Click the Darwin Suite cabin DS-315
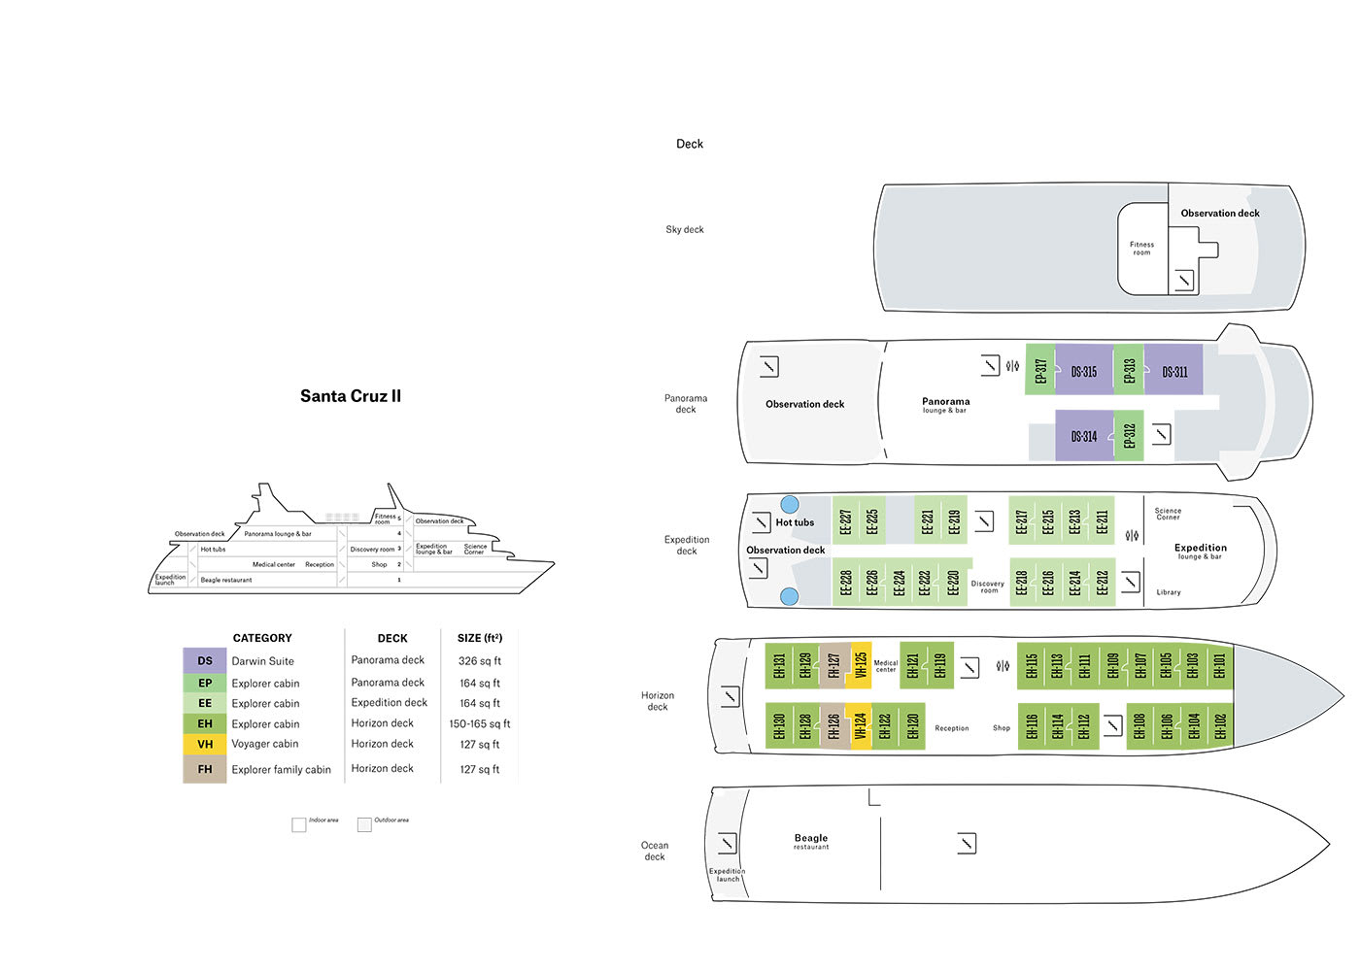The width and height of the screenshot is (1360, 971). pos(1083,371)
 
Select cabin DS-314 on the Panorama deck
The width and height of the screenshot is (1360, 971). pos(1083,436)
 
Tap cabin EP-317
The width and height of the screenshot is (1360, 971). pos(1040,370)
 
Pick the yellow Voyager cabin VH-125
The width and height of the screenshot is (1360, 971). pos(860,665)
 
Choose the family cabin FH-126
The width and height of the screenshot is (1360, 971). pos(833,726)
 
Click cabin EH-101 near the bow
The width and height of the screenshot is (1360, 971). pos(1219,665)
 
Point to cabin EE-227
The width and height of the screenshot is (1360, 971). pos(845,521)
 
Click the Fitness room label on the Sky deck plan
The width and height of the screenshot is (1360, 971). pos(1141,249)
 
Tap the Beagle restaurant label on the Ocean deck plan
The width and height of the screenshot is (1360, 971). pos(811,841)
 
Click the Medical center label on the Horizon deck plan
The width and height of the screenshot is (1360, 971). pos(886,666)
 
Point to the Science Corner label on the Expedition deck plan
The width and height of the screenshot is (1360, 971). pos(1168,514)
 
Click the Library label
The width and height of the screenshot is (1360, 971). pos(1169,592)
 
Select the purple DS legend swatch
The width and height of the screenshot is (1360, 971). pos(204,660)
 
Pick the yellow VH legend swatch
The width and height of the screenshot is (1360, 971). pos(204,744)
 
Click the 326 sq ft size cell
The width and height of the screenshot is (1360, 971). pos(480,660)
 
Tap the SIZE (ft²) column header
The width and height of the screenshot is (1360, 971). pos(480,638)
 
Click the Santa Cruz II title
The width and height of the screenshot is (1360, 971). pos(350,396)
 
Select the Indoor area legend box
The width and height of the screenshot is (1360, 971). pos(299,824)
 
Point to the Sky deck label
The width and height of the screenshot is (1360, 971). pos(685,230)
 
